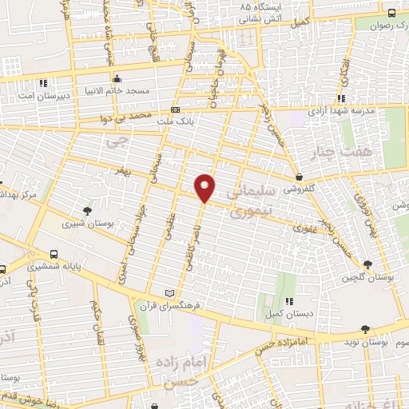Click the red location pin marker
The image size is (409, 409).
[206, 187]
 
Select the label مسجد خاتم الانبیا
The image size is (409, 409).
[117, 91]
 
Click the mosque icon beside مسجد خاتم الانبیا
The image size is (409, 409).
[117, 79]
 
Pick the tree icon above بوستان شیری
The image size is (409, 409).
[87, 211]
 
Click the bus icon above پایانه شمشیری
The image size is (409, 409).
[55, 250]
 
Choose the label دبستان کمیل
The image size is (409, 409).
[288, 313]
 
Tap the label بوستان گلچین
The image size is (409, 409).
[367, 277]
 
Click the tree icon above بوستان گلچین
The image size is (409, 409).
[367, 264]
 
